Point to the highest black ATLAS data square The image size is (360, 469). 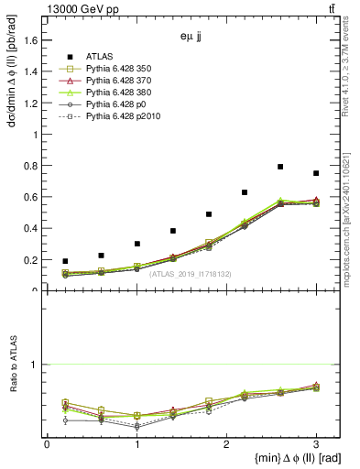[280, 167]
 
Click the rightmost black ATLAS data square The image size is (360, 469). [316, 173]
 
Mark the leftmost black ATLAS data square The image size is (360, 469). [65, 261]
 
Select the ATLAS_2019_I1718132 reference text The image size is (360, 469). [191, 274]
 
